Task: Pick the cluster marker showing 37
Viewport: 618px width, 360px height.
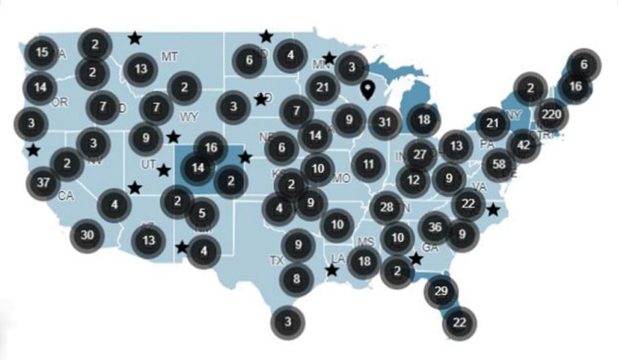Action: click(43, 183)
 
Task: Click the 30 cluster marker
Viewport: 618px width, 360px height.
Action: click(87, 234)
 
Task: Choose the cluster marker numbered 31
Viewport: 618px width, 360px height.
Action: click(385, 122)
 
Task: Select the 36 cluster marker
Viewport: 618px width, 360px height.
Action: click(436, 228)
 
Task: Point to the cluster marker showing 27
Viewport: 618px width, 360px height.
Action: click(420, 154)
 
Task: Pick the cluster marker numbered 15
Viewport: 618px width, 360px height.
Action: click(42, 52)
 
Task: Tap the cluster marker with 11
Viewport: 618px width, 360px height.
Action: click(369, 163)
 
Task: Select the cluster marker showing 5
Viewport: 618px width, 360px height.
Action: click(202, 214)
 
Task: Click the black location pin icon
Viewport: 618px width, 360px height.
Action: click(368, 91)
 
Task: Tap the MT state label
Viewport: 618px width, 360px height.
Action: click(170, 57)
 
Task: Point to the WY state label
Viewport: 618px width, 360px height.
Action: click(189, 117)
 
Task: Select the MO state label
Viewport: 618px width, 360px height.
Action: click(341, 178)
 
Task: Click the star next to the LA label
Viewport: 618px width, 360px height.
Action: click(332, 270)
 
